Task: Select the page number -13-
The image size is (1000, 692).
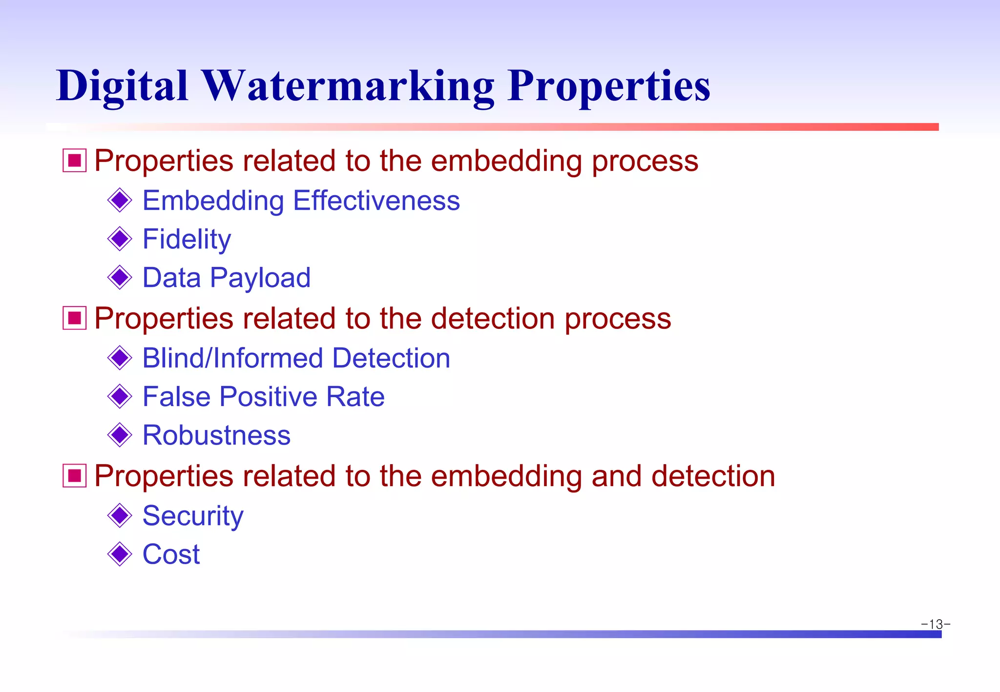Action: (x=936, y=624)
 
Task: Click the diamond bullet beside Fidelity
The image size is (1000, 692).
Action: (x=120, y=239)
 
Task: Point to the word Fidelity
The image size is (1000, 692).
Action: (x=187, y=239)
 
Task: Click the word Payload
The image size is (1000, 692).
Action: (x=260, y=278)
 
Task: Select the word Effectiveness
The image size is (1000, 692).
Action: (x=376, y=201)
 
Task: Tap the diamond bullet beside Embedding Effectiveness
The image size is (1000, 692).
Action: (x=120, y=201)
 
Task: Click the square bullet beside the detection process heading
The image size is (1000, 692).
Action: (x=75, y=318)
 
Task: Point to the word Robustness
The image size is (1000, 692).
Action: (x=216, y=435)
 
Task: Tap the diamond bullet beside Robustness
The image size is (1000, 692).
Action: (x=120, y=435)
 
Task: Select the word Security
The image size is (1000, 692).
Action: (x=193, y=516)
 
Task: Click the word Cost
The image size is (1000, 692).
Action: (x=171, y=554)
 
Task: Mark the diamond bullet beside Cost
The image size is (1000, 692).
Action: (x=120, y=554)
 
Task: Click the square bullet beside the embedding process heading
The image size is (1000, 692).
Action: (x=75, y=161)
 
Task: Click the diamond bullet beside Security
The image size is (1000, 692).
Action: (x=120, y=516)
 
